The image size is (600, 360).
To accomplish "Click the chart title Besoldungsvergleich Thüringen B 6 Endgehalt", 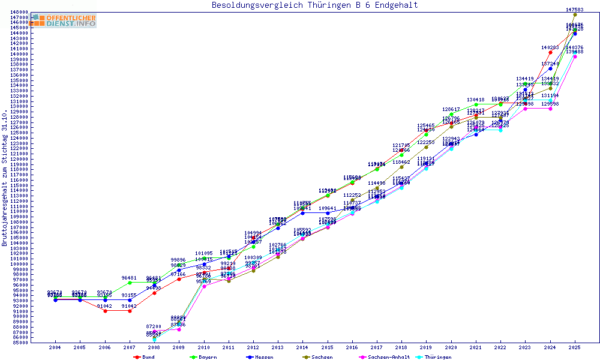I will click(x=314, y=5).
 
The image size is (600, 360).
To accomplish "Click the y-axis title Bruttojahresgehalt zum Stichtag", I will click(x=5, y=178).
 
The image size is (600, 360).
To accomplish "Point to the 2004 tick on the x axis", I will click(x=55, y=347).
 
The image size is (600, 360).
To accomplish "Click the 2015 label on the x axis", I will click(x=327, y=347).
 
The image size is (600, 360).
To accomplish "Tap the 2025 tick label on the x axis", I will click(x=575, y=347).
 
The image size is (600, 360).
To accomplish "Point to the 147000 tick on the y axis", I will click(x=19, y=17).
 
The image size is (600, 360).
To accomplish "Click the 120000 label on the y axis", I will click(x=19, y=159).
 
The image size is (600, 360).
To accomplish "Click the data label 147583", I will click(x=575, y=10).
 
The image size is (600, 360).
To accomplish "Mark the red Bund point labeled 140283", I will click(x=550, y=52).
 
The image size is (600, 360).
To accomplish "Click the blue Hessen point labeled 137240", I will click(x=550, y=68).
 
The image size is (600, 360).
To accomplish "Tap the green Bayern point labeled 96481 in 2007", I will click(x=130, y=282).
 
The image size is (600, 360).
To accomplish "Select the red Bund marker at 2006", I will click(x=105, y=311).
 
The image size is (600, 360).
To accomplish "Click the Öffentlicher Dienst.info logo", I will click(x=64, y=21).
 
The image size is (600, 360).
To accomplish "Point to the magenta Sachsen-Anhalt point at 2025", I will click(x=575, y=56).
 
